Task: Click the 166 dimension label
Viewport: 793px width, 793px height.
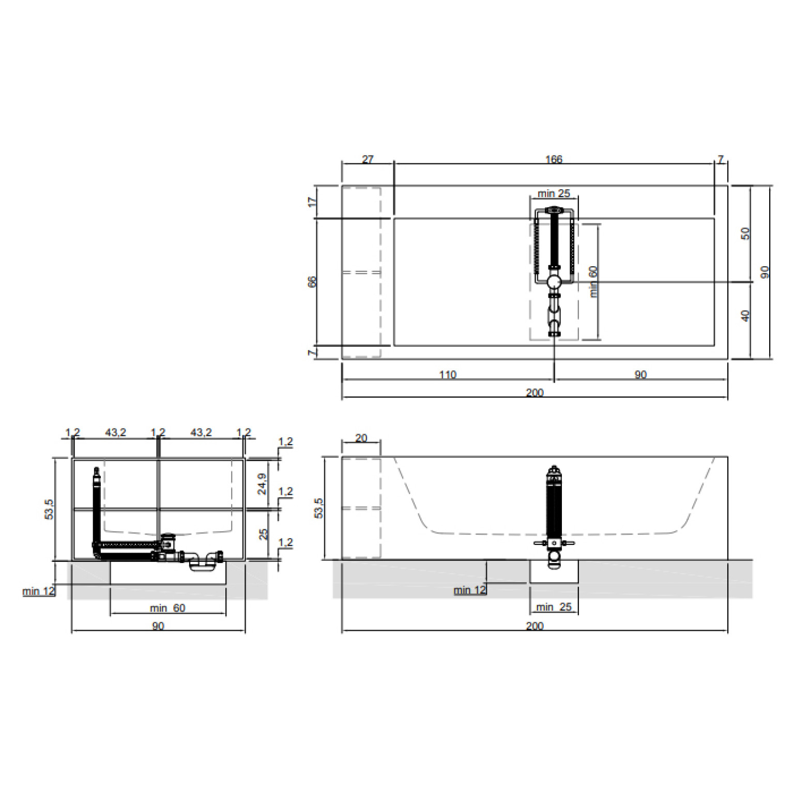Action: point(554,159)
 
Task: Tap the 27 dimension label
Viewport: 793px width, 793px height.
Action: point(368,159)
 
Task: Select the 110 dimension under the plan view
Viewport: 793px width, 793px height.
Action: point(448,375)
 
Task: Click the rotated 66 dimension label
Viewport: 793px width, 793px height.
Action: point(312,282)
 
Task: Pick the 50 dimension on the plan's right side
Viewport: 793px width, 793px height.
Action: point(745,233)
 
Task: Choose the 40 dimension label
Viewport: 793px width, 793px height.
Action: point(745,315)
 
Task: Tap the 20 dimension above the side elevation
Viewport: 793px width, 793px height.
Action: point(361,438)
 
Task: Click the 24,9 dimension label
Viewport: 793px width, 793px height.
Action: point(263,484)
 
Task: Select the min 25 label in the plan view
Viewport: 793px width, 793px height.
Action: point(554,193)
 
